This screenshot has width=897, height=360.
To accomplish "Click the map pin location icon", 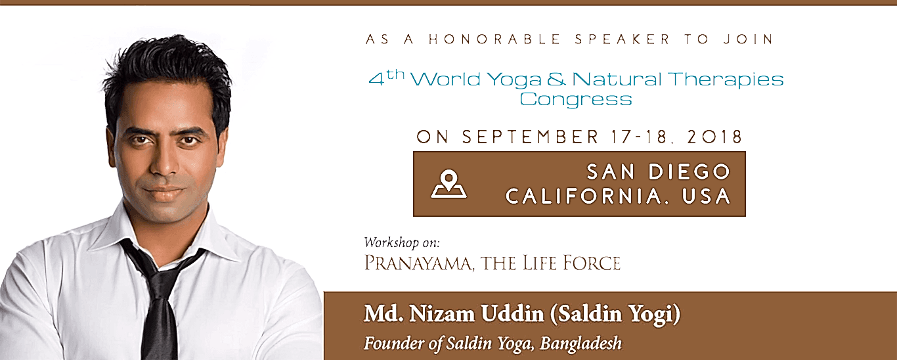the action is click(448, 184).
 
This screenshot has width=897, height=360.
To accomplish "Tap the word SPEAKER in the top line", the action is click(623, 39).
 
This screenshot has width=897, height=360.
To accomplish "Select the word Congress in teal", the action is click(576, 99).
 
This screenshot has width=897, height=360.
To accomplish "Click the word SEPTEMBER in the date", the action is click(530, 137).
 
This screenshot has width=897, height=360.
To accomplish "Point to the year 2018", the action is click(715, 137).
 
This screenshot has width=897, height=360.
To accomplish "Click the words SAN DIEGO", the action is click(659, 172).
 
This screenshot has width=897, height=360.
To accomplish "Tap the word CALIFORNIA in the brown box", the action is click(583, 196).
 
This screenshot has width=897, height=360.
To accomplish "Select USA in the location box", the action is click(707, 196).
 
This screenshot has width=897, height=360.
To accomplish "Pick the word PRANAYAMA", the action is click(419, 263).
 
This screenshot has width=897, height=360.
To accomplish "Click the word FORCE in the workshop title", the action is click(592, 263).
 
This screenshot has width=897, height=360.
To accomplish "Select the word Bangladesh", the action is click(580, 344).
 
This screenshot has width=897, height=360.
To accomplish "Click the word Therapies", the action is click(725, 79).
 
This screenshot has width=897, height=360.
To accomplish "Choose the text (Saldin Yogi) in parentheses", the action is click(615, 314).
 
